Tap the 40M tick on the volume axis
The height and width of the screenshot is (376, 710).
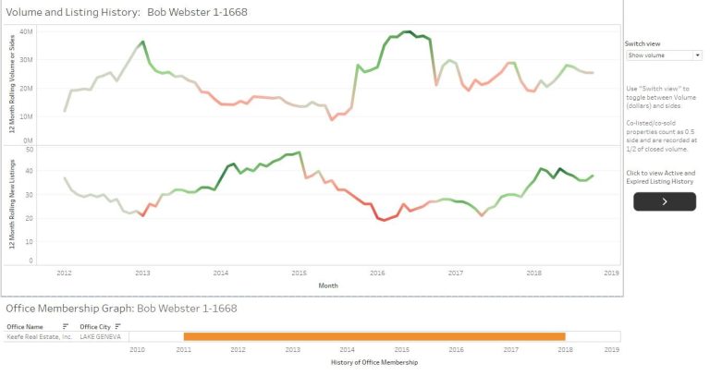tap(27, 30)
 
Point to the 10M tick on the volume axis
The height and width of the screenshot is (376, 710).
tap(27, 116)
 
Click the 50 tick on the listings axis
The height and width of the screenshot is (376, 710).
tap(30, 149)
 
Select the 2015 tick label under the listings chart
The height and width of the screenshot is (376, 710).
tap(299, 273)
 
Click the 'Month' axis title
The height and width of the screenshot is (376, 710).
tap(328, 285)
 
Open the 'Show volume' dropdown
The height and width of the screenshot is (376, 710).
tap(663, 55)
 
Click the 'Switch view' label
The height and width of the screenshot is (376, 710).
tap(642, 43)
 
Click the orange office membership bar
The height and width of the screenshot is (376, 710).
tap(373, 337)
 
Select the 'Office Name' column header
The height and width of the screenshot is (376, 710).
tap(26, 326)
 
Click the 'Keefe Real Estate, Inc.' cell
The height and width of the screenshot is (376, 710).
tap(40, 337)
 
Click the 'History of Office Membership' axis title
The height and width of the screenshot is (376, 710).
tap(373, 362)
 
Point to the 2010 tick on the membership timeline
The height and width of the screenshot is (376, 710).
tap(138, 350)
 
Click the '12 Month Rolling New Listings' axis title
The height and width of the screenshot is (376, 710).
tap(12, 204)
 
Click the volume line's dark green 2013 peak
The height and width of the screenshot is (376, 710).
tap(142, 42)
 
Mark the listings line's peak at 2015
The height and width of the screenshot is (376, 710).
tap(299, 152)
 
